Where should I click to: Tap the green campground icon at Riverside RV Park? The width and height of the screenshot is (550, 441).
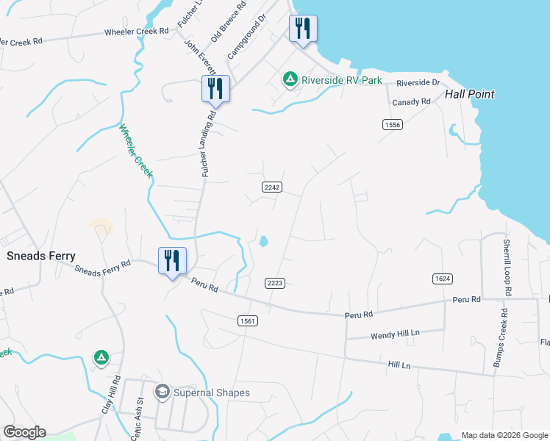(x=290, y=78)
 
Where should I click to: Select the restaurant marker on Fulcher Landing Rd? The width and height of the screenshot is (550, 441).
(x=215, y=89)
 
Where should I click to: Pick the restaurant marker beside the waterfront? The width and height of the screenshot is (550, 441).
(x=303, y=29)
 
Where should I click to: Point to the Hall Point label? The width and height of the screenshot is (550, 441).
(x=470, y=94)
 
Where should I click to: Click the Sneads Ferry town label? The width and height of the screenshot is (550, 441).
(x=40, y=256)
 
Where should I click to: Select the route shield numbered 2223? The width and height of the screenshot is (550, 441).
(x=275, y=283)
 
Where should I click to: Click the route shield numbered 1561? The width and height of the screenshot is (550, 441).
(x=248, y=320)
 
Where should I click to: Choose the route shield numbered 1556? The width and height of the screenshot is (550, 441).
(x=393, y=125)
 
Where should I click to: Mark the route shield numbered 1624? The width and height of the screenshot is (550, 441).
(x=442, y=278)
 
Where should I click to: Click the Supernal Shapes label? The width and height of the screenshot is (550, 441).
(x=212, y=392)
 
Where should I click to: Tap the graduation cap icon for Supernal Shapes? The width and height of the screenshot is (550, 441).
(x=162, y=392)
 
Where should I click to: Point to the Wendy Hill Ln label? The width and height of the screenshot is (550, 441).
(x=395, y=333)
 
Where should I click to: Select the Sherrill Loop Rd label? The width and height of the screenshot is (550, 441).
(x=507, y=265)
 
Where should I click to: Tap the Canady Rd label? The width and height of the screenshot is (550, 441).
(x=411, y=102)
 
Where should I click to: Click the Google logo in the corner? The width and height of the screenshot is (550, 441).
(x=24, y=432)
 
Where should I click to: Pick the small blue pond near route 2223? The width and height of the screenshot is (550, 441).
(x=264, y=240)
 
